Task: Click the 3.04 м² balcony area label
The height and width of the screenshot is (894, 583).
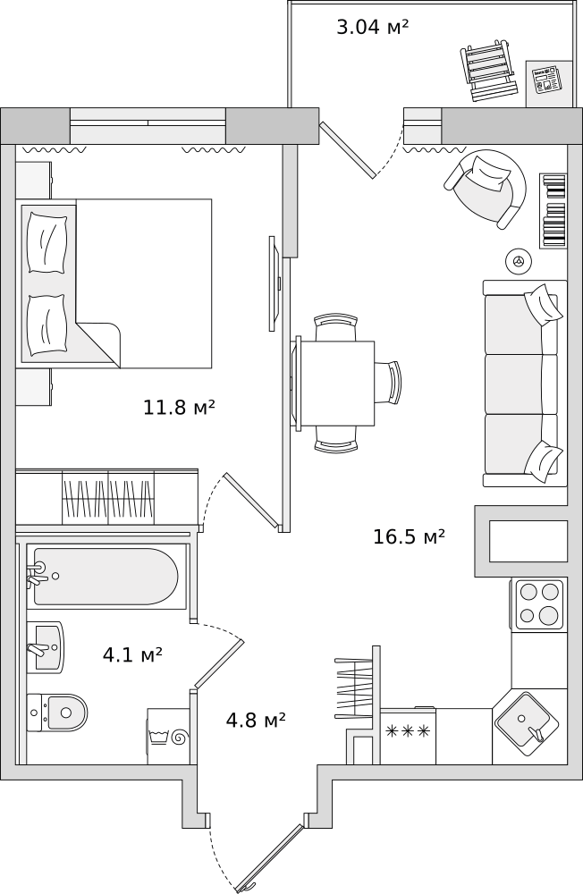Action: (x=373, y=26)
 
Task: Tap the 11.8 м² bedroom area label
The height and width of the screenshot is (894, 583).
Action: (x=179, y=407)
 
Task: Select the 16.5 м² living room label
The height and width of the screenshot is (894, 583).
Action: (x=409, y=536)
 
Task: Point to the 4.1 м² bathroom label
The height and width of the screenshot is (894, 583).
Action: (x=132, y=654)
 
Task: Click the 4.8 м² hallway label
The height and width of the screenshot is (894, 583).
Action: (x=256, y=720)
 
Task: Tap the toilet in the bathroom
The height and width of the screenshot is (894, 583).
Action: (x=57, y=713)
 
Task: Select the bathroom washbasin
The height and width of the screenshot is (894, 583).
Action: (x=46, y=647)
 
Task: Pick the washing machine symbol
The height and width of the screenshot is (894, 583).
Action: (x=169, y=736)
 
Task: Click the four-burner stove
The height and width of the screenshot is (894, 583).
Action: (x=539, y=604)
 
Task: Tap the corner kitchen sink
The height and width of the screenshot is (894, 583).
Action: (x=525, y=725)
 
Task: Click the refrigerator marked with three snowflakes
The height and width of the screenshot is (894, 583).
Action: (x=408, y=736)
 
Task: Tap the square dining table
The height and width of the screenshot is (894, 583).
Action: (x=336, y=384)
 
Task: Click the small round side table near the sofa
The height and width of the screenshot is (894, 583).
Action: (x=519, y=261)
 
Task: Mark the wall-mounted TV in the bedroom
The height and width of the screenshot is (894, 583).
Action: (x=275, y=283)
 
